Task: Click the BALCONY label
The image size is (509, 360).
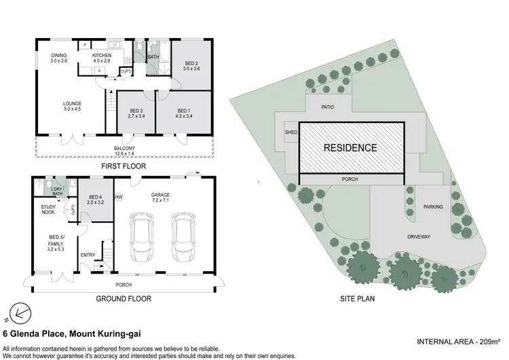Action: tap(125, 149)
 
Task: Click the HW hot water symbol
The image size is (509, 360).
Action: tap(119, 198)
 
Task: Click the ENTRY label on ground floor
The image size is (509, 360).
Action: tap(88, 255)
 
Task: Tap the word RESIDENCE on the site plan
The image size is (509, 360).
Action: tap(350, 147)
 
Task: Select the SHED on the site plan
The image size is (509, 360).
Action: tap(291, 133)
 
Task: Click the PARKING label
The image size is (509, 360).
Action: tap(433, 206)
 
